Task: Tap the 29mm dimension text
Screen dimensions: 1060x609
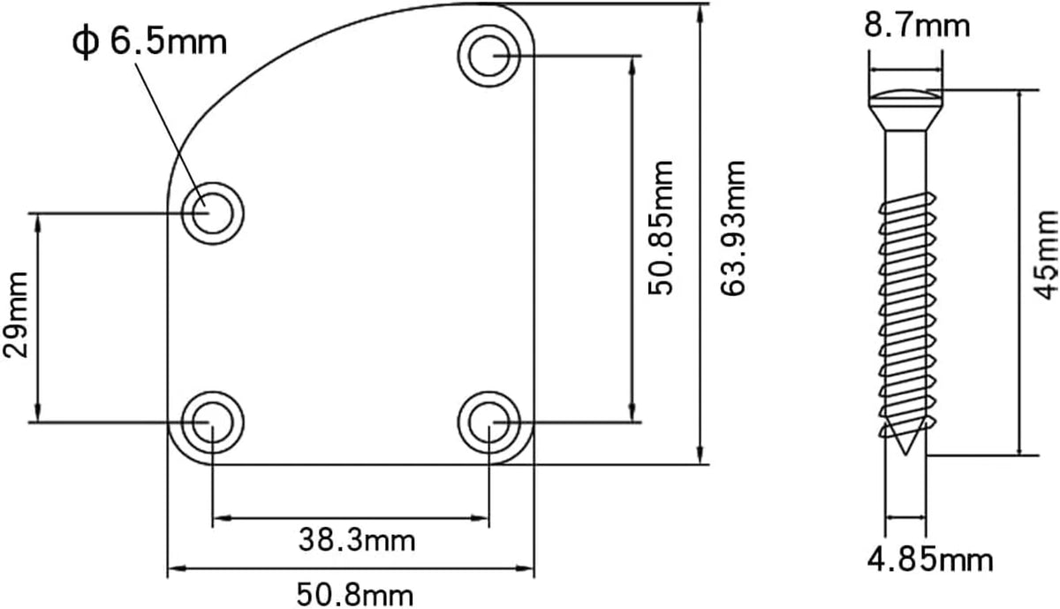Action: [x=16, y=315]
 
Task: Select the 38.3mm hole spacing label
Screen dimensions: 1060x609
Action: [x=357, y=540]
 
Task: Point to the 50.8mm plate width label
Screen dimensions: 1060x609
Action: [x=355, y=595]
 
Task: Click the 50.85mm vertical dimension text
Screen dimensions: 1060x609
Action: [x=660, y=228]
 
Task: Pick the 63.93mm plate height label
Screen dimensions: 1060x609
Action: [x=733, y=228]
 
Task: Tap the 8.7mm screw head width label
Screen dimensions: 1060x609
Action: [x=917, y=26]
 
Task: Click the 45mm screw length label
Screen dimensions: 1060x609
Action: [x=1045, y=255]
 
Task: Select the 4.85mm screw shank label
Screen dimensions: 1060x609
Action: [x=930, y=560]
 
